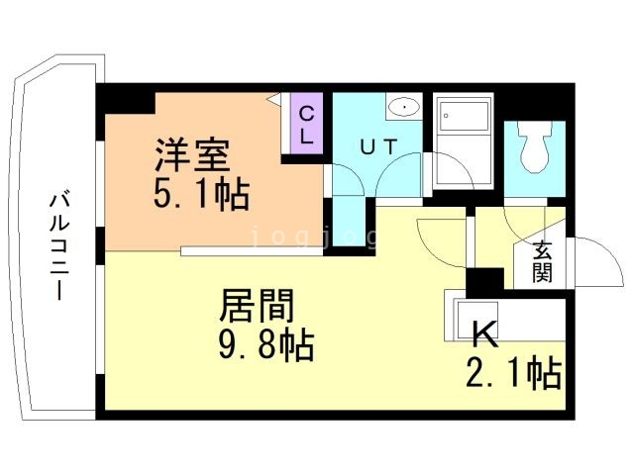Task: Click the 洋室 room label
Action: (x=192, y=154)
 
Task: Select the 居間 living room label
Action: (x=257, y=306)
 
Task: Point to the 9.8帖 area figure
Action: (x=266, y=345)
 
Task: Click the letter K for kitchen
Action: (x=485, y=333)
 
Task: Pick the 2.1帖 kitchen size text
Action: (x=513, y=373)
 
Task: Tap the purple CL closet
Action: (x=306, y=124)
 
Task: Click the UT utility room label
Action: (x=378, y=146)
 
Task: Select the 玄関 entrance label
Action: (x=542, y=261)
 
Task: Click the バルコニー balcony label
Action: (x=59, y=244)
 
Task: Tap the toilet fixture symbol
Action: (x=535, y=145)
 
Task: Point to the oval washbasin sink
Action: (x=404, y=107)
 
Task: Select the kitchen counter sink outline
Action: (x=475, y=321)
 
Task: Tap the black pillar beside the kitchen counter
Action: (x=484, y=283)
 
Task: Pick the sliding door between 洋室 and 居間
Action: (x=252, y=251)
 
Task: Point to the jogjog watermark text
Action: (x=315, y=237)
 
